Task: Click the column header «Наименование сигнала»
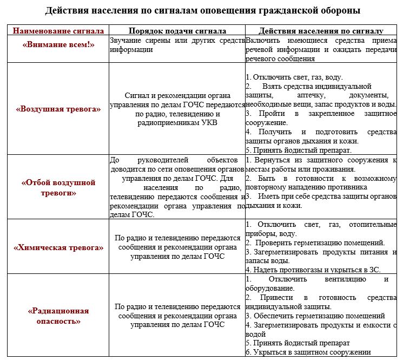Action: tap(58, 31)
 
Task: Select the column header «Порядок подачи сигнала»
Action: tap(177, 31)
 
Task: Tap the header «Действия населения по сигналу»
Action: tap(321, 31)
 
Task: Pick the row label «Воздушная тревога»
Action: tap(58, 109)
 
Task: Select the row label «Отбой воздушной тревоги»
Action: tap(58, 187)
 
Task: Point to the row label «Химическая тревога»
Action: tap(58, 247)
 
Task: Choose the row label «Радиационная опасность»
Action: tap(58, 316)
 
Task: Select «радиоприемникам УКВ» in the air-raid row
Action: tap(177, 123)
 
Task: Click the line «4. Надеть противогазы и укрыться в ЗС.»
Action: tap(313, 269)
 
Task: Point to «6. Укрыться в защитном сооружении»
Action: tap(308, 352)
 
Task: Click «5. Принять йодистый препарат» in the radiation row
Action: tap(298, 343)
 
